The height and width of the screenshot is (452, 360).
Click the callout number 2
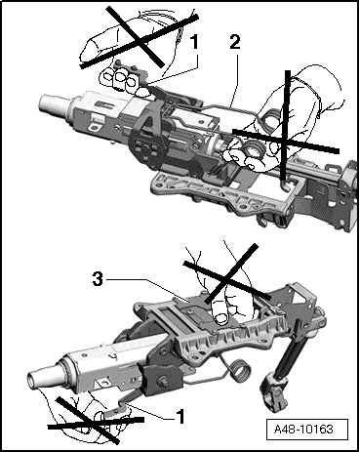click(235, 43)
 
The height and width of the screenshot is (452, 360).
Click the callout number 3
click(98, 279)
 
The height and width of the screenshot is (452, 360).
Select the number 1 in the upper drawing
click(194, 43)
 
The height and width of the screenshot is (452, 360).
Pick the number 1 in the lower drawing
click(180, 417)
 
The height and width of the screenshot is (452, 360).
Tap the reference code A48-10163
click(303, 430)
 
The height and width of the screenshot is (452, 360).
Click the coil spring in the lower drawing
click(241, 371)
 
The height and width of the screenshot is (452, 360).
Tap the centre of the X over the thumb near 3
click(227, 280)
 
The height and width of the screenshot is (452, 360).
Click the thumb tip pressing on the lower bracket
click(221, 317)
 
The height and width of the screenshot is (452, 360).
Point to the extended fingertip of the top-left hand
click(88, 49)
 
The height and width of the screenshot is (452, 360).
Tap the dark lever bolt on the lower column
click(163, 380)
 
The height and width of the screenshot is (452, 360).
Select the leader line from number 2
click(234, 81)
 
